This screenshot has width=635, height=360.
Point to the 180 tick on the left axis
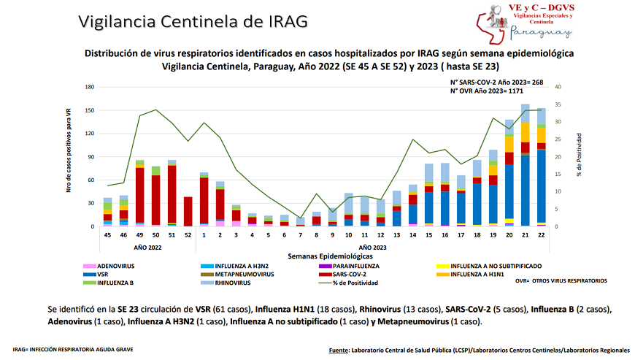tap(91, 87)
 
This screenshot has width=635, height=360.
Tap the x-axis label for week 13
tap(396, 236)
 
